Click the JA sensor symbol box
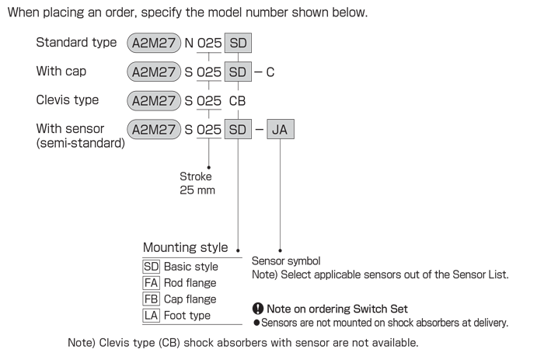281,129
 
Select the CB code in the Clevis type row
237,101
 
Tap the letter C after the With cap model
270,72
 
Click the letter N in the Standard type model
189,43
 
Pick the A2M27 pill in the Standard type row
154,43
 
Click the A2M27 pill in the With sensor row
154,130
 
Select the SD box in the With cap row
238,72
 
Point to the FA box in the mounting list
151,283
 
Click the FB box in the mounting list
151,299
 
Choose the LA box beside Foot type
151,315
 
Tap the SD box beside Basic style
151,267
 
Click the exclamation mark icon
258,308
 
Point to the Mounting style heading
185,247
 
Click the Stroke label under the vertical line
196,177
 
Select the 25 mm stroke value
197,190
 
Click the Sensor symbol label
286,261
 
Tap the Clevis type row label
68,100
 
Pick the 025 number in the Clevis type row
209,101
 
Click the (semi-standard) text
81,143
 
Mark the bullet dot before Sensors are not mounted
256,323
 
